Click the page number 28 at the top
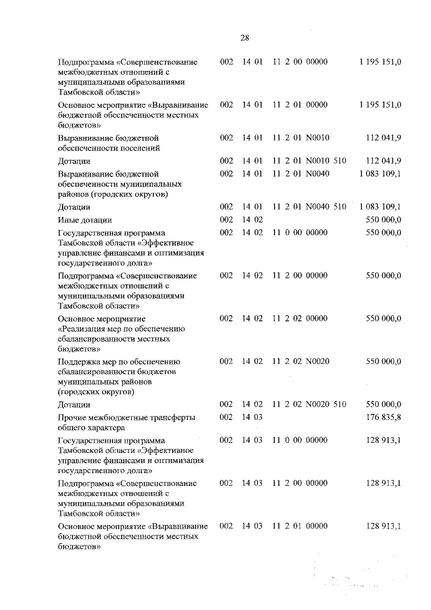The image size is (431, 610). click(x=244, y=38)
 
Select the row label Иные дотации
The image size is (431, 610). click(x=85, y=220)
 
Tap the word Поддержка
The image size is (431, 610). click(x=83, y=362)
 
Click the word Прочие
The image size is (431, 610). click(x=73, y=418)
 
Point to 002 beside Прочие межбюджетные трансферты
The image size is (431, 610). click(x=226, y=418)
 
